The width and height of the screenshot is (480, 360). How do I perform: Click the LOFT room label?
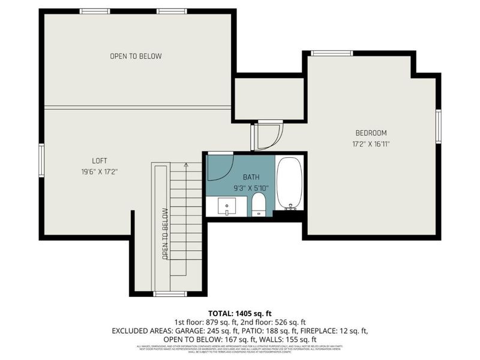click(100, 161)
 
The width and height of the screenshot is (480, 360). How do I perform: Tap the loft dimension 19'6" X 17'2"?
click(100, 172)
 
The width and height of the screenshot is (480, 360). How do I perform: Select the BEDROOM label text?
click(371, 133)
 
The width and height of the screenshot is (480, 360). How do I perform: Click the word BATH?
click(251, 178)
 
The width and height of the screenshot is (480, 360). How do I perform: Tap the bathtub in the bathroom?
click(290, 184)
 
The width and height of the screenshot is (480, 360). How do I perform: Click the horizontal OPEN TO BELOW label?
click(136, 56)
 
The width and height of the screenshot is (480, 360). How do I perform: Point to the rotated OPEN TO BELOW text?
click(164, 233)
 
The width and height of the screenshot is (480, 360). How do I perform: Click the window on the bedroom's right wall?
click(439, 127)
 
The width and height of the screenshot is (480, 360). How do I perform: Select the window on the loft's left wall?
click(41, 161)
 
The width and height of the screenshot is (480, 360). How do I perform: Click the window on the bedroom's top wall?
click(331, 53)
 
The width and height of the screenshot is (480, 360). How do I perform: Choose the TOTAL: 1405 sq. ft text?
click(239, 313)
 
